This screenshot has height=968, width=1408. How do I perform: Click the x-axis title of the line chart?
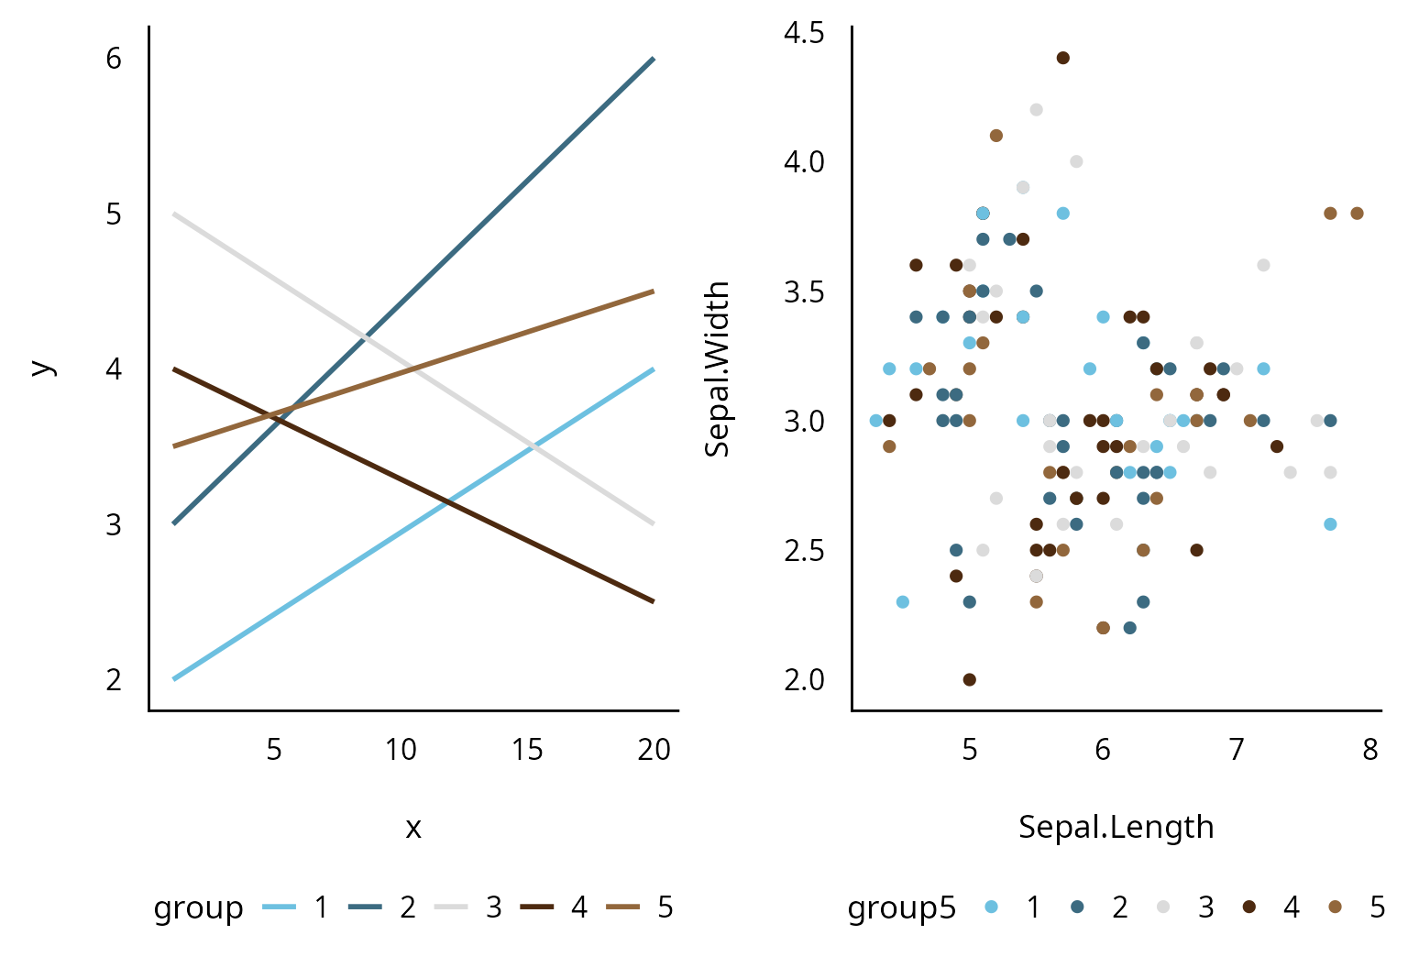pos(413,828)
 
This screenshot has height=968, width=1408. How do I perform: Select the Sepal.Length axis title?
pos(1116,827)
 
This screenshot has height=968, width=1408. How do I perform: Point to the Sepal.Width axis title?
pos(718,368)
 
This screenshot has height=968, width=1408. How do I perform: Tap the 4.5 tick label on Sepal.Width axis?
pos(804,33)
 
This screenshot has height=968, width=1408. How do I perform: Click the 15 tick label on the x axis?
pos(527,750)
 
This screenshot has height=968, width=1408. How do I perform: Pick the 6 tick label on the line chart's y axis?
pos(114,59)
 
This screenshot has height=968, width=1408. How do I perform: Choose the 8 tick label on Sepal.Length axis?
pos(1369,750)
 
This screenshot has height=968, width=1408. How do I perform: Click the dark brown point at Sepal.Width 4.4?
pos(1063,58)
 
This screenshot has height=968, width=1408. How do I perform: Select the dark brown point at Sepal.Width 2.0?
pos(970,679)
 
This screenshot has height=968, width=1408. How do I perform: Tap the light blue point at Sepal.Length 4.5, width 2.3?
pos(903,602)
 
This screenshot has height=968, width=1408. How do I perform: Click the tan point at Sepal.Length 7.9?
pos(1358,214)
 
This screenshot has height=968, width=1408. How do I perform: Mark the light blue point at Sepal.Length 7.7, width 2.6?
pos(1330,524)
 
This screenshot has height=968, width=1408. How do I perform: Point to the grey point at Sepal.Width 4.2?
pos(1037,110)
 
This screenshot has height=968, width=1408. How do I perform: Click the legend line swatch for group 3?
pos(451,907)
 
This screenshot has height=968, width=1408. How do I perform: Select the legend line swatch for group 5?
pos(624,907)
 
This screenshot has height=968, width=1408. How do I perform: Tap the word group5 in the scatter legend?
pos(901,907)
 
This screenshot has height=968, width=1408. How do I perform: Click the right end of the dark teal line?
pos(654,59)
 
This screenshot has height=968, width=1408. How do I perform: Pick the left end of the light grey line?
pos(174,214)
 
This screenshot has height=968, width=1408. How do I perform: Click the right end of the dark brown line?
pos(654,601)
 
